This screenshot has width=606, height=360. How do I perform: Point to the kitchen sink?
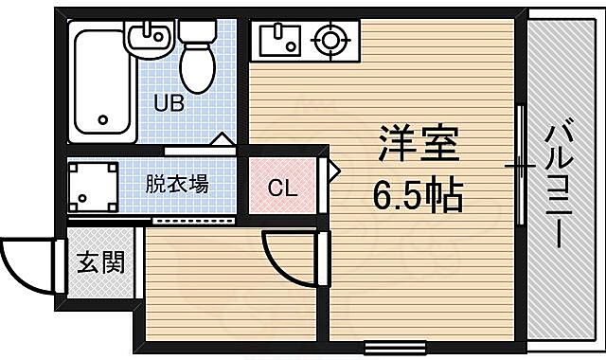click(279, 41)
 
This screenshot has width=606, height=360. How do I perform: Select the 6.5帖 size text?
click(417, 197)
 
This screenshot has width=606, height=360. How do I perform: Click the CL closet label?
click(282, 188)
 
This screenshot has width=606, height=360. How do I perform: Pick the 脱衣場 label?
click(177, 184)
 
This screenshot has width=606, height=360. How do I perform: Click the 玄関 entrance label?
click(99, 261)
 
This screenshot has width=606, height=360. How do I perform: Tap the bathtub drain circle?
click(104, 121)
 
